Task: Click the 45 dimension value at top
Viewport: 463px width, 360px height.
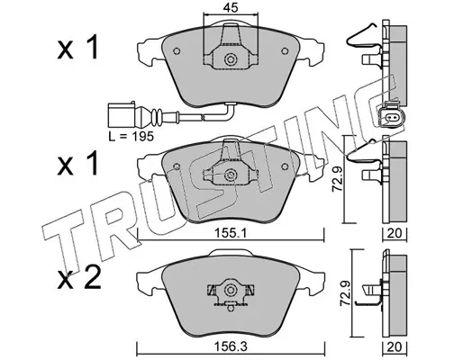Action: (231, 7)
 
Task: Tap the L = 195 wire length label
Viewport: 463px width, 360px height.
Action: (131, 137)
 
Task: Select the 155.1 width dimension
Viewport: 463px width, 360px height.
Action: (231, 233)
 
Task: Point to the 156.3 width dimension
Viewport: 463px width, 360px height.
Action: (231, 347)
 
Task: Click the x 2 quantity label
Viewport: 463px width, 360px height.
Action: (79, 279)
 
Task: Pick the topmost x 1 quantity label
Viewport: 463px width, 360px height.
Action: (77, 48)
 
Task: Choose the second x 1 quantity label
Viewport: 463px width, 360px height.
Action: (77, 164)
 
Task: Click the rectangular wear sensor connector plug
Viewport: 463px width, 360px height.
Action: (122, 115)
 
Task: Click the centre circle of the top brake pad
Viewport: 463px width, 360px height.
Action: (231, 59)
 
